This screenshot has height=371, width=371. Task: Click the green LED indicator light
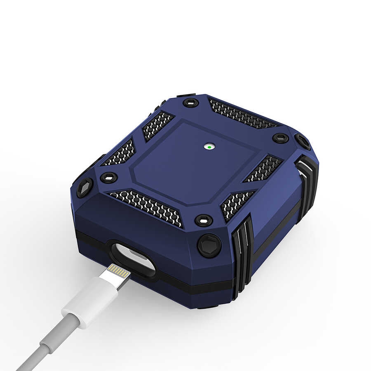pos(209,146)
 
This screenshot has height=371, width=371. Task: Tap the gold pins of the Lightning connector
pos(118,271)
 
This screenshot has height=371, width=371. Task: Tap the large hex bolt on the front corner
pos(209,245)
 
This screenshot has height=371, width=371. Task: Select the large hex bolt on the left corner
pos(85,188)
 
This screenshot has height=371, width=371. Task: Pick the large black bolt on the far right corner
pos(303,141)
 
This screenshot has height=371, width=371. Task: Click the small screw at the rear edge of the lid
pos(191,102)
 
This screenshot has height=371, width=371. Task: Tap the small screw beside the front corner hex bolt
pos(204,220)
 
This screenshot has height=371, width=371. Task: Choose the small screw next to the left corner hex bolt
pos(109,178)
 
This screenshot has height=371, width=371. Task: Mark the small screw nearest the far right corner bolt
pos(280,138)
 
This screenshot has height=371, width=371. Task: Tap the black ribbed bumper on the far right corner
pos(307,183)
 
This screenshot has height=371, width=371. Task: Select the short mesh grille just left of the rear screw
pos(158,124)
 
